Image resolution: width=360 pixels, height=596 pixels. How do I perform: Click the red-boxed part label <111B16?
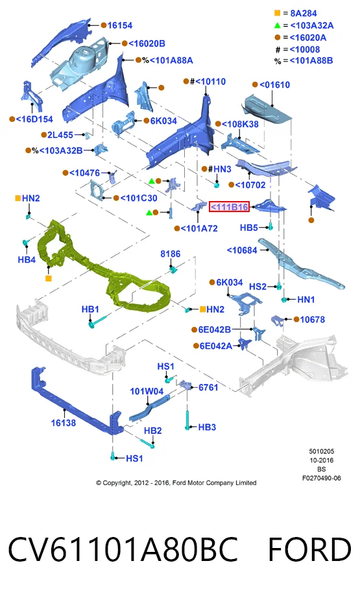[230, 207]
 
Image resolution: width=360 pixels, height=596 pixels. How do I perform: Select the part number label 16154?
[120, 25]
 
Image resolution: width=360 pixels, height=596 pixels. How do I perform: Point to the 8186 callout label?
[171, 254]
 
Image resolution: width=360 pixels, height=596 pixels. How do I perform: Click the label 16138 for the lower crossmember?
[64, 423]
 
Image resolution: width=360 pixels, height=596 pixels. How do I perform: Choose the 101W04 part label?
[147, 391]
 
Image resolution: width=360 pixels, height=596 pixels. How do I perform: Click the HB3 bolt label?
[207, 427]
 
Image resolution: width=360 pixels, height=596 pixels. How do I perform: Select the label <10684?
[242, 250]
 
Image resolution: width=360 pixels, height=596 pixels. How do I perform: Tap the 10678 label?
[313, 319]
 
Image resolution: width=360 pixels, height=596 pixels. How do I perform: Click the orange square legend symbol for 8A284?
[277, 13]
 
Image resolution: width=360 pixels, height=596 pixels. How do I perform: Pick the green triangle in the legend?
[277, 25]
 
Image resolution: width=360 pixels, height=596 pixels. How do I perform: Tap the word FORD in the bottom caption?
[309, 549]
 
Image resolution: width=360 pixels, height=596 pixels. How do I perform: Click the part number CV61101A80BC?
[123, 549]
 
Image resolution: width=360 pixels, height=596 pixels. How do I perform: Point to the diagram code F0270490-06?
[322, 478]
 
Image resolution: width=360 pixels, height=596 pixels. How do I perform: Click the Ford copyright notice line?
[176, 483]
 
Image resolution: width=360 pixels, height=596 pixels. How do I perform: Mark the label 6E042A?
[215, 346]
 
